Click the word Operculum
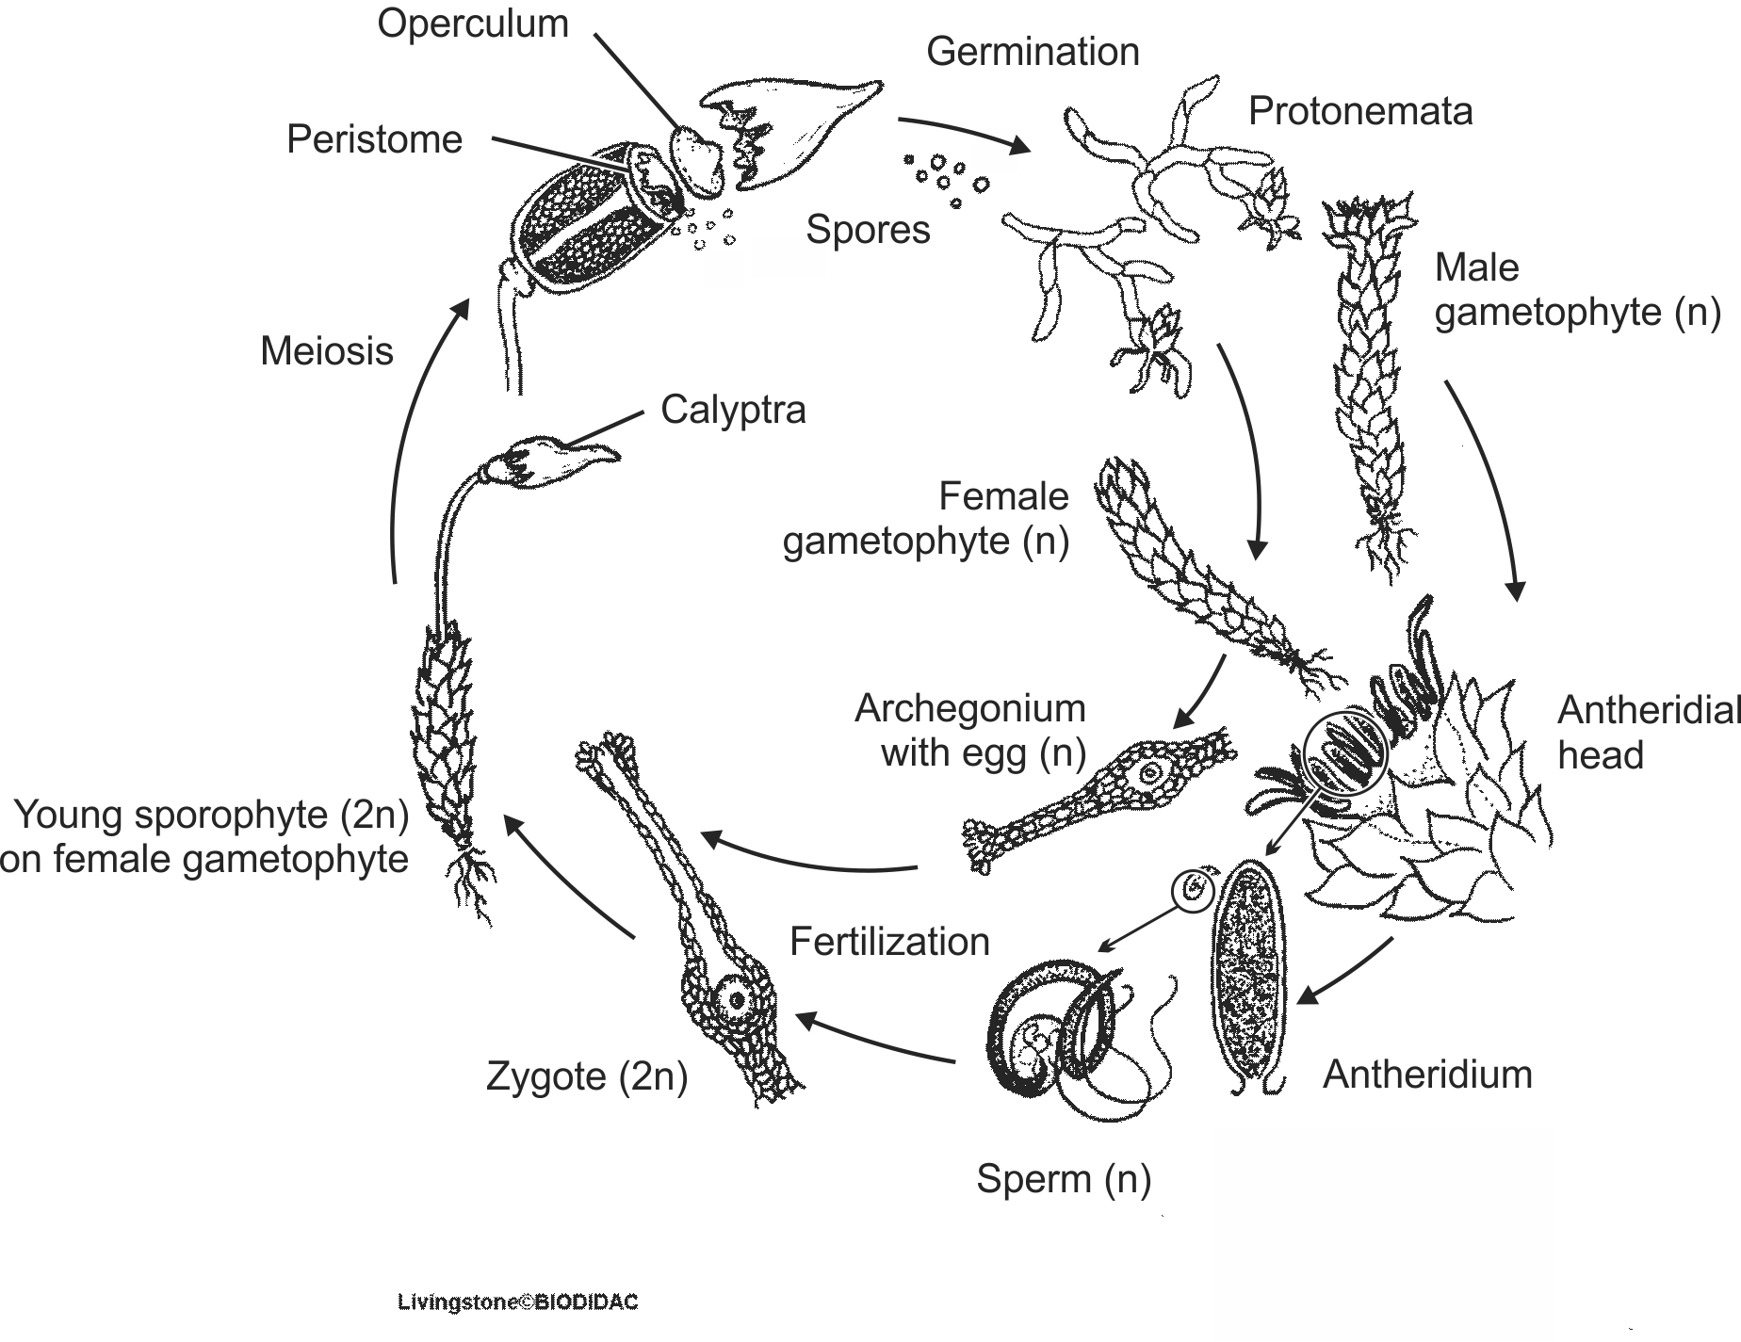coord(473,24)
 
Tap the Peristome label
coord(374,139)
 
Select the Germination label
coord(1033,52)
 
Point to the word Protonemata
coord(1359,111)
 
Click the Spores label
coord(868,230)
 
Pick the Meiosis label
coord(326,351)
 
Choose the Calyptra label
coord(733,410)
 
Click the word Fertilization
coord(889,942)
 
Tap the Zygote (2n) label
coord(586,1076)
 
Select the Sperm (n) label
coord(1063,1179)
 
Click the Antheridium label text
coord(1427,1075)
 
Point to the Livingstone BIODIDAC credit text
coord(517,1303)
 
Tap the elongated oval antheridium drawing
coord(1249,975)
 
